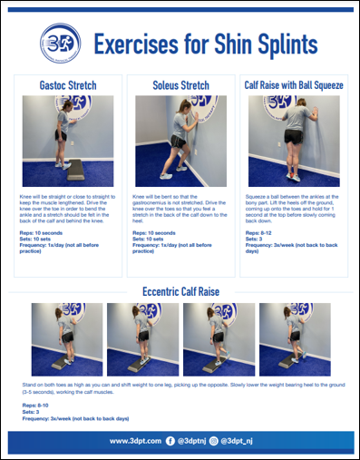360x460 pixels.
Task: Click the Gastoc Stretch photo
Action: [x=67, y=141]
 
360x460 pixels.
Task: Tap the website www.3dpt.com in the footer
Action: [x=135, y=441]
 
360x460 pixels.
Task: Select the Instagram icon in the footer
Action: [x=213, y=441]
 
